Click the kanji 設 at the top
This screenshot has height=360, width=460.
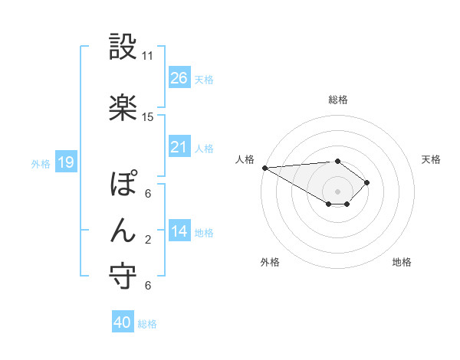coord(123,47)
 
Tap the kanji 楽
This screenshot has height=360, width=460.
coord(123,107)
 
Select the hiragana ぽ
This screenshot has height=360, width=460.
coord(123,186)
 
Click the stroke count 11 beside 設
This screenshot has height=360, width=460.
coord(148,56)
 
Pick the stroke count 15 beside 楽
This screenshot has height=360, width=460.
coord(148,117)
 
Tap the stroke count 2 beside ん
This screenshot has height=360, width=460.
coord(148,240)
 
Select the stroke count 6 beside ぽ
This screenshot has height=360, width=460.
coord(148,194)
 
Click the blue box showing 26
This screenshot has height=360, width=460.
coord(179,78)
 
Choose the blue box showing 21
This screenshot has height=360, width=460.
coord(179,147)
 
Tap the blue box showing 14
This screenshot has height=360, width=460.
coord(179,231)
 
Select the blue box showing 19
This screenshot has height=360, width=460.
coord(65,162)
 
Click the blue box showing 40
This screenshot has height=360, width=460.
coord(123,322)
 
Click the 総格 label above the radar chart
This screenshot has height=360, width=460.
coord(337,100)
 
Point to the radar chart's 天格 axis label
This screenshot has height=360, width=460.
coord(432,159)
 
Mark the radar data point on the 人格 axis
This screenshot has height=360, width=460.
coord(264,168)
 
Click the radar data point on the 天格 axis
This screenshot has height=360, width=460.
coord(367,182)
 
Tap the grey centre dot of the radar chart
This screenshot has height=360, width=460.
coord(337,190)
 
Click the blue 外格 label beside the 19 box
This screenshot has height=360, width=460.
coord(40,163)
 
